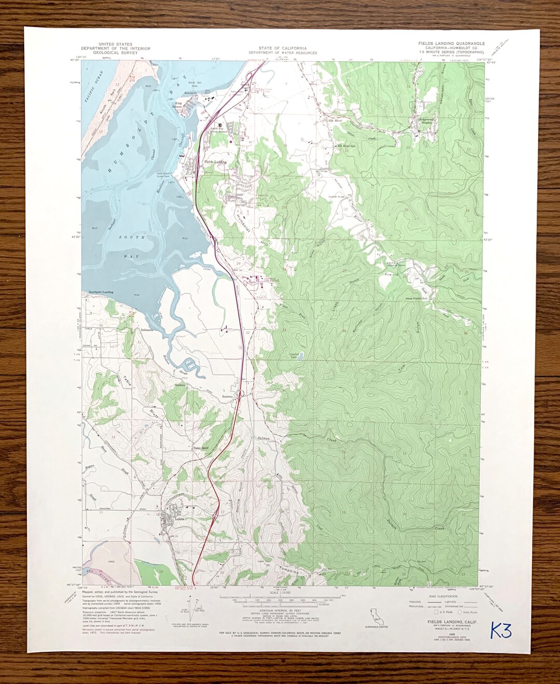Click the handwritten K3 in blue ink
coord(500,631)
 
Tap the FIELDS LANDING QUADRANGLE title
coord(451,44)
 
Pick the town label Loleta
coord(180,519)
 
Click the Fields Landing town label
coord(215,162)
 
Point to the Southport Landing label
coord(101,292)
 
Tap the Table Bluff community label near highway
coord(200,448)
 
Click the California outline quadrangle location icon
coord(375,617)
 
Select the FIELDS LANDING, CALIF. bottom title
coord(452,621)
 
